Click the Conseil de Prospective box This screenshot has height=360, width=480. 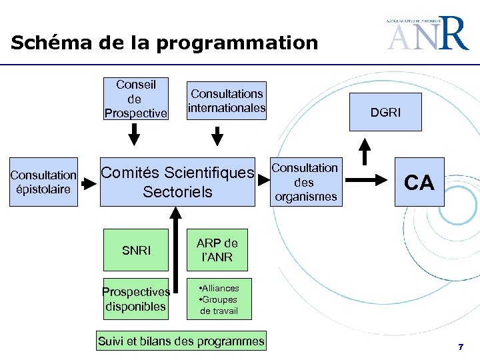coord(135,99)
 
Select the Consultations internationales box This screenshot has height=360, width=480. coord(227,101)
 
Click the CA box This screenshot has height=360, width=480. coord(419,182)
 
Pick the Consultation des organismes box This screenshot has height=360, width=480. coord(305,182)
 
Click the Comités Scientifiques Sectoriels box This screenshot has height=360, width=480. coord(177,183)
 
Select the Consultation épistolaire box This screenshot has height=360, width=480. coord(44,182)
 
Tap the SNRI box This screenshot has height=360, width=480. coord(136,251)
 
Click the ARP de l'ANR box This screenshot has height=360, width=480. coord(217,250)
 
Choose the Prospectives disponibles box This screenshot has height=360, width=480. coord(136,299)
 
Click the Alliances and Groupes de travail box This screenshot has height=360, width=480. coord(219,299)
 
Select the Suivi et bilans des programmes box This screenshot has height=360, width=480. coord(181,341)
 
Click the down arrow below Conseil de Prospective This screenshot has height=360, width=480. coord(135,134)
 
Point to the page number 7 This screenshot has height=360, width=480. coord(460,347)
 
